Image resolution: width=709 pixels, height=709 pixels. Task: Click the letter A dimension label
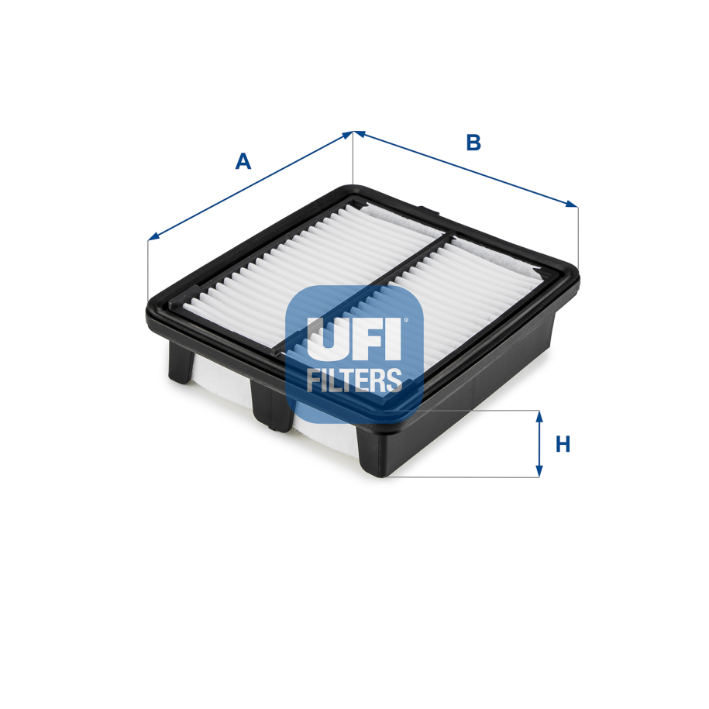pyautogui.click(x=243, y=161)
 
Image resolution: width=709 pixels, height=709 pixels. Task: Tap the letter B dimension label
pyautogui.click(x=473, y=143)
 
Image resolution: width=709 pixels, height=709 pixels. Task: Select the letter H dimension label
pyautogui.click(x=563, y=444)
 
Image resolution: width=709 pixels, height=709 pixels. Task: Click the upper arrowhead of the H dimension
pyautogui.click(x=539, y=417)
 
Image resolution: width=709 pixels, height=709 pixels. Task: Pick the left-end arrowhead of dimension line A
pyautogui.click(x=153, y=237)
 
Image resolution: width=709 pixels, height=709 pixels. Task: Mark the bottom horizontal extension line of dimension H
pyautogui.click(x=465, y=477)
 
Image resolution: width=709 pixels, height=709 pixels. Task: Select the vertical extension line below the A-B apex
pyautogui.click(x=353, y=159)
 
